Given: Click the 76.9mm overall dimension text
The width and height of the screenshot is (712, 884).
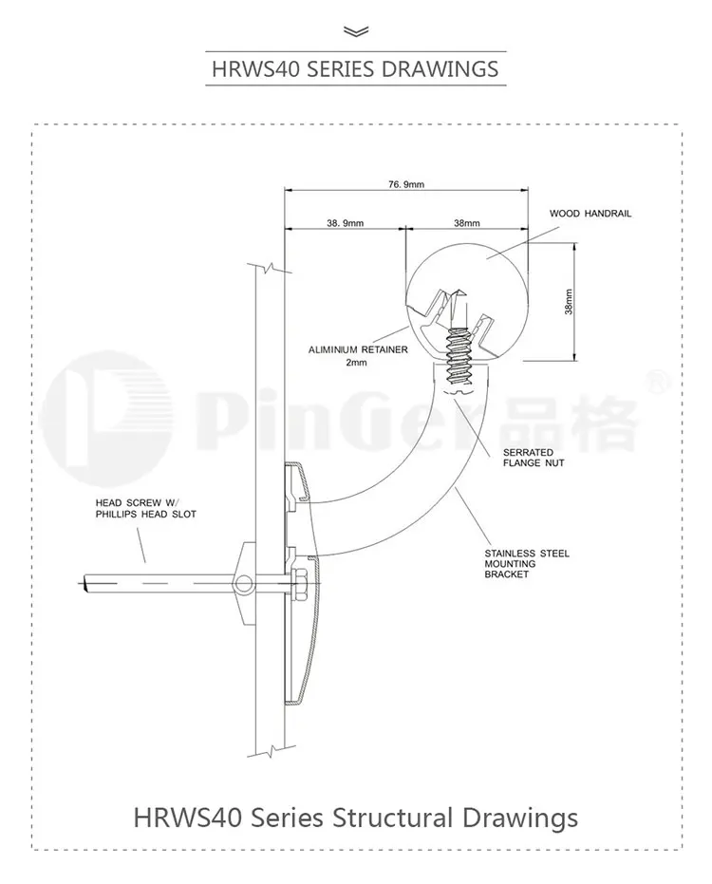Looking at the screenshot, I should click(405, 183).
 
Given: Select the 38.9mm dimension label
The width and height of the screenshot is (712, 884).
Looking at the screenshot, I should click(345, 223).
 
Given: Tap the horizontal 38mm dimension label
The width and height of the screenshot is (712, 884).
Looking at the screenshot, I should click(467, 223).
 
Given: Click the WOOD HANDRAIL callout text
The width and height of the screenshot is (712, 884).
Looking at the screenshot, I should click(590, 214).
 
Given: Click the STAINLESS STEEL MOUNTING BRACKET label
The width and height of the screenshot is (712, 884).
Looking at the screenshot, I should click(527, 564).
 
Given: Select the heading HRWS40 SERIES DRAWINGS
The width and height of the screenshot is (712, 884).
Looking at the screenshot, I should click(356, 68).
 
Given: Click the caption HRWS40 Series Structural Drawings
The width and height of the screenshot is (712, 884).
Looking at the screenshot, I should click(356, 816).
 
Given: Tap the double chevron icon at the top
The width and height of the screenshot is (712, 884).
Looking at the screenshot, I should click(356, 31).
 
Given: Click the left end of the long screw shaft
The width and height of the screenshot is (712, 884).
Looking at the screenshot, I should click(86, 580).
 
